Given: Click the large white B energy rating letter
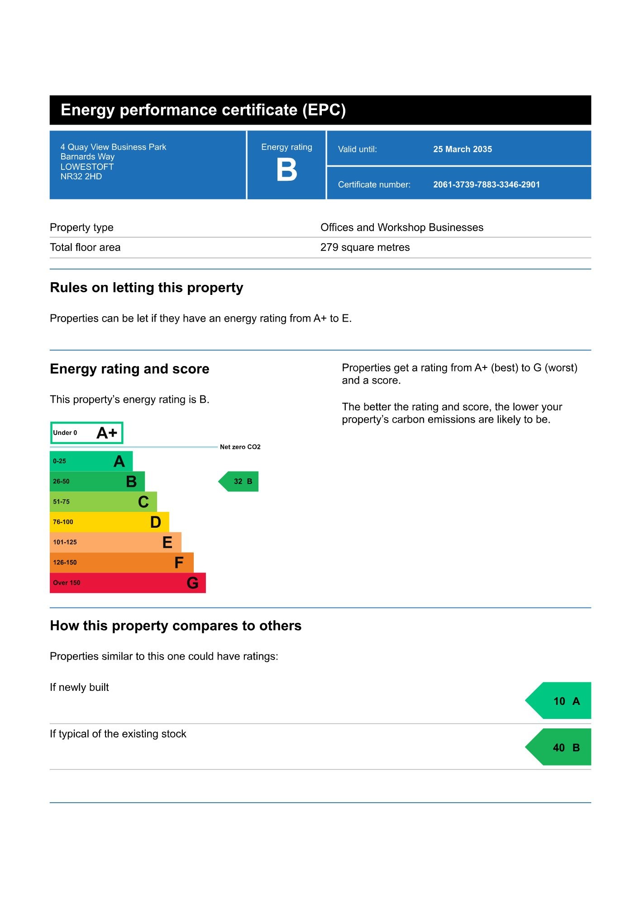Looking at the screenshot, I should click(x=287, y=170).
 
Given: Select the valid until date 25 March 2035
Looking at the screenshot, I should click(x=462, y=149).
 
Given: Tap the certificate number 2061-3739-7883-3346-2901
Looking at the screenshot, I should click(x=486, y=184).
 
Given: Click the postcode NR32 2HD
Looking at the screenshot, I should click(x=81, y=176).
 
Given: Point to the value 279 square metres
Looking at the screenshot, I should click(x=365, y=247).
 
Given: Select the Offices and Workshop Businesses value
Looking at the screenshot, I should click(x=401, y=227).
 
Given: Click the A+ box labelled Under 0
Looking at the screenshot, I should click(x=86, y=433).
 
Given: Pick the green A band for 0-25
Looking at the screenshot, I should click(x=91, y=461).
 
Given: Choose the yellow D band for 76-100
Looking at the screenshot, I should click(x=109, y=522).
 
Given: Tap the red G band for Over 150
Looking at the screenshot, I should click(x=127, y=583).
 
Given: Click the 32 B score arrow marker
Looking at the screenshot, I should click(x=240, y=482).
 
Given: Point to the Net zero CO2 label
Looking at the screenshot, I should click(x=240, y=447).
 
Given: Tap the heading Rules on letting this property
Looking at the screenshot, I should click(x=146, y=288).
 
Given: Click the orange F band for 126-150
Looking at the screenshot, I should click(x=121, y=562).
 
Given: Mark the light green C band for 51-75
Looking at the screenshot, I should click(x=103, y=501).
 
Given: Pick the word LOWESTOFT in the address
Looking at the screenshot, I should click(x=87, y=167).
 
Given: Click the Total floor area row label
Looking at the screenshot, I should click(x=85, y=247).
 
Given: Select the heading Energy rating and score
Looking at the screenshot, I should click(x=129, y=369).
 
